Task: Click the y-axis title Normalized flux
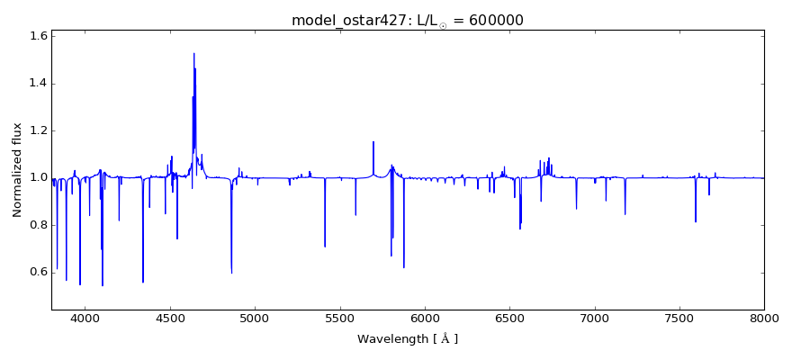[x=17, y=171]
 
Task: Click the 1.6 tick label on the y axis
[x=38, y=37]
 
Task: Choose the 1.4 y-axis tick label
[x=38, y=84]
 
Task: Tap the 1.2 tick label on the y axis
[x=38, y=130]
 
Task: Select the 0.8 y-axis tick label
[x=38, y=225]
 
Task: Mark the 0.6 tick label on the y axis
[x=38, y=272]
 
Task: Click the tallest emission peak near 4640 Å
[x=193, y=53]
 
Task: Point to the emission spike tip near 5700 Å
[x=373, y=142]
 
